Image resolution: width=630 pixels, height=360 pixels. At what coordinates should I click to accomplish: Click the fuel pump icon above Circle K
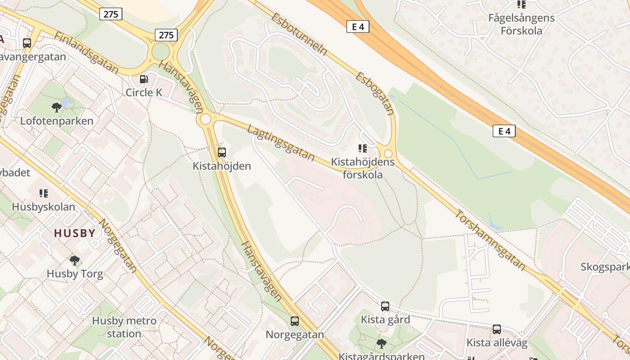(x=144, y=79)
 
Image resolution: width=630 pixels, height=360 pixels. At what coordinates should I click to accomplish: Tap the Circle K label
(x=144, y=92)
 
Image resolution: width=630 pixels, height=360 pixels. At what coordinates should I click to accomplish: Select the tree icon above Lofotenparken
(x=57, y=108)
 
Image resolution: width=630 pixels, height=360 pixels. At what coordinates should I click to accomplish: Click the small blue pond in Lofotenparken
(x=67, y=103)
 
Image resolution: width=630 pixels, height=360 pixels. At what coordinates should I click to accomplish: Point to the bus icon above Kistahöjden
(x=221, y=153)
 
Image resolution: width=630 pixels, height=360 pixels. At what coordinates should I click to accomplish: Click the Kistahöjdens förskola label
(x=363, y=168)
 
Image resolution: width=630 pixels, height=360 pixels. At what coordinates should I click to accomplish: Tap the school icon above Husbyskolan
(x=44, y=193)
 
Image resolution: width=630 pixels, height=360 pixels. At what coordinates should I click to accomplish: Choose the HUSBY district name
(x=75, y=233)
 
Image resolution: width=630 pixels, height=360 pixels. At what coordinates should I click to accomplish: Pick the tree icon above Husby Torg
(x=75, y=260)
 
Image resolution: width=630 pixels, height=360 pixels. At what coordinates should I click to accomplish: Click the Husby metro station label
(x=124, y=327)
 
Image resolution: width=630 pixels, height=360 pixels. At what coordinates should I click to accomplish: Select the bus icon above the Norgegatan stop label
(x=295, y=321)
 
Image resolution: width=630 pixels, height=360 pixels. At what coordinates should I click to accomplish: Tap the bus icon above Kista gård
(x=385, y=306)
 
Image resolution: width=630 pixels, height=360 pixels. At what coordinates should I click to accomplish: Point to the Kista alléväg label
(x=496, y=342)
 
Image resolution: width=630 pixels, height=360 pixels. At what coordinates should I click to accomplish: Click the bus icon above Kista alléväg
(x=497, y=329)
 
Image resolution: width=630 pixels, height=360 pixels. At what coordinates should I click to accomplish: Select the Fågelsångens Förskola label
(x=522, y=24)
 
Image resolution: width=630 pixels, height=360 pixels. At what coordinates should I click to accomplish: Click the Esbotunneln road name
(x=299, y=34)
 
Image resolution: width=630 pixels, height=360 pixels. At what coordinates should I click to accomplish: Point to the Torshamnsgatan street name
(x=490, y=240)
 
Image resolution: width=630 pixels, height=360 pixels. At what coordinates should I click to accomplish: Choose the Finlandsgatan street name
(x=86, y=53)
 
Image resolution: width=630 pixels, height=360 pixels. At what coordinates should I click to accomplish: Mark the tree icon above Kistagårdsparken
(x=382, y=344)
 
